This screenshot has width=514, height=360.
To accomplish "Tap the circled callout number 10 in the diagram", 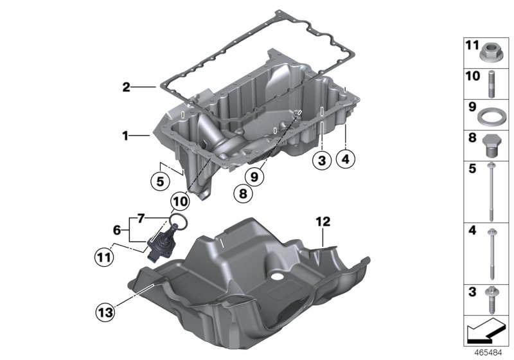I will (181, 201).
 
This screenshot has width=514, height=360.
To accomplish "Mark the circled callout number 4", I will (346, 158).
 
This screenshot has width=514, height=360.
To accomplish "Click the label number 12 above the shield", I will (323, 222).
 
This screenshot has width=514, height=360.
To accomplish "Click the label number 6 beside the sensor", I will (117, 230).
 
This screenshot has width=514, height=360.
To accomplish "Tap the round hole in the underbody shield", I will (277, 277).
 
